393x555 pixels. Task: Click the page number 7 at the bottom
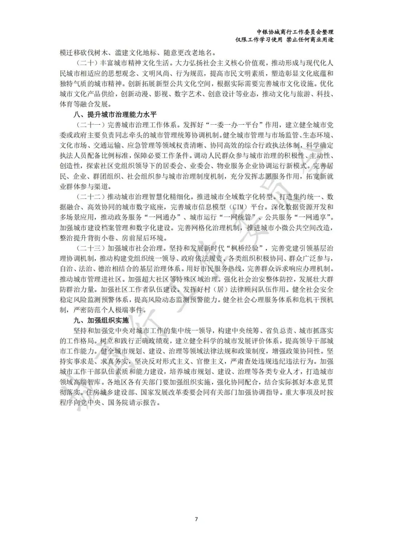196,519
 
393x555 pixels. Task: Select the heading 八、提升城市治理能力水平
115,114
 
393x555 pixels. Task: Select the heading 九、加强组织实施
101,321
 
